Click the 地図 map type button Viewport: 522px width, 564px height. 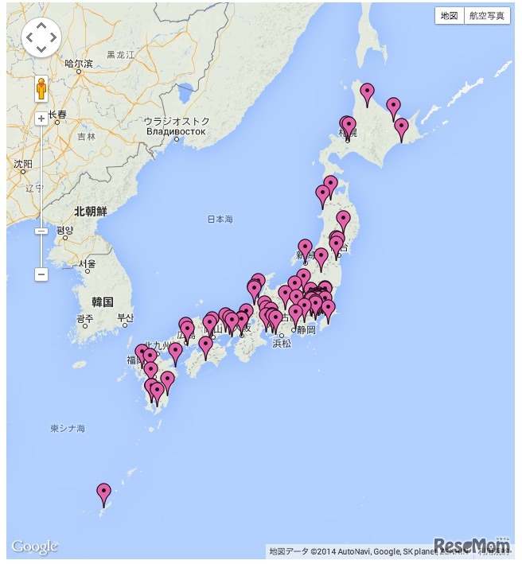coord(450,16)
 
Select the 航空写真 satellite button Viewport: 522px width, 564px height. coord(486,16)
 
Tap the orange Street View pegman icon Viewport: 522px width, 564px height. coord(41,88)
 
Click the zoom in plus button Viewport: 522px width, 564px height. coord(41,119)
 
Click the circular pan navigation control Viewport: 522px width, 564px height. coord(41,37)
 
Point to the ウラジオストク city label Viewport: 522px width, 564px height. coord(177,122)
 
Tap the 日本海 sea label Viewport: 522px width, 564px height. coord(220,219)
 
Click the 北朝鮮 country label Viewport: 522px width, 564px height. coord(91,212)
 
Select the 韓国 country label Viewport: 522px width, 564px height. coord(103,301)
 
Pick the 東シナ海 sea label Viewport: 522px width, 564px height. coord(68,429)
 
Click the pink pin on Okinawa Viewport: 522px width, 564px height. coord(103,493)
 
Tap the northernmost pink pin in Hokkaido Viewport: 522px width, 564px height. coord(367,93)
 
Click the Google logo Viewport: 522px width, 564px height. coord(34,547)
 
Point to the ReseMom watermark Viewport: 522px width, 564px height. coord(472,545)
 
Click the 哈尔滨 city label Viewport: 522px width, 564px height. coord(79,63)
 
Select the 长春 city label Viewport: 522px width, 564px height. coord(57,115)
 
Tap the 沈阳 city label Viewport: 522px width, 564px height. coord(23,164)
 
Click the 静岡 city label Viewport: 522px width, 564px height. coord(306,329)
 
